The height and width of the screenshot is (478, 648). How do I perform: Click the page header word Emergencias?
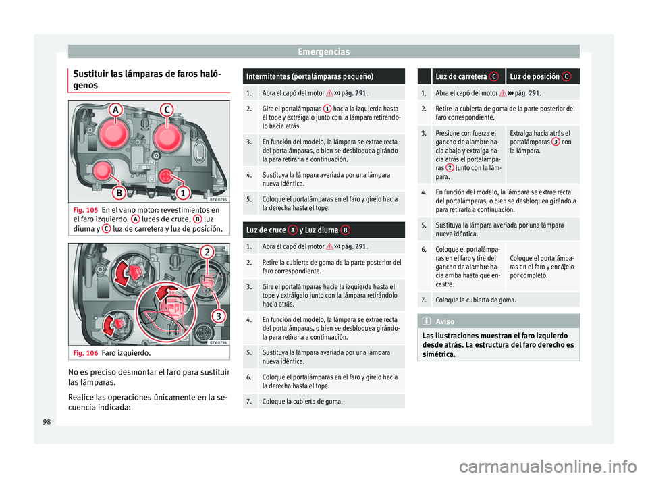point(323,52)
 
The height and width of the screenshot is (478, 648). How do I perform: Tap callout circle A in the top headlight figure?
point(115,110)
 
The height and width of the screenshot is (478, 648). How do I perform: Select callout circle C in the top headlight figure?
point(167,110)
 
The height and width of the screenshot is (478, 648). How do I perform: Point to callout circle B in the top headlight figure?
point(119,192)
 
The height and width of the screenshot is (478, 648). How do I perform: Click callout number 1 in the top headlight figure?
point(183,192)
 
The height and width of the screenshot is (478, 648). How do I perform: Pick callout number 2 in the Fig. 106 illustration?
point(207,253)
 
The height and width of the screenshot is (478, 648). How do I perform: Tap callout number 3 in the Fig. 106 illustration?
point(218,317)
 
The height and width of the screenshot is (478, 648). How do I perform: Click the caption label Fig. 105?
point(86,210)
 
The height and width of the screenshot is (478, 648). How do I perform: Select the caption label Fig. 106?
point(86,353)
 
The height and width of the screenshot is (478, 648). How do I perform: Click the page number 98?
point(47,422)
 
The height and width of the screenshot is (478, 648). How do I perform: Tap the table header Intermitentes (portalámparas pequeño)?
point(310,76)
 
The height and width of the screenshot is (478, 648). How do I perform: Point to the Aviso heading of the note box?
point(445,321)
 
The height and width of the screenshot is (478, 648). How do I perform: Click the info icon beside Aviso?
point(427,321)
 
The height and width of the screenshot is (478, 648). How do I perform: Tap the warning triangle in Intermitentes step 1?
point(330,93)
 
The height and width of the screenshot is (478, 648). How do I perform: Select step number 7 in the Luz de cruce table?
point(249,402)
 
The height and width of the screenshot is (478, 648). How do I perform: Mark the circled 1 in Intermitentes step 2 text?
point(327,109)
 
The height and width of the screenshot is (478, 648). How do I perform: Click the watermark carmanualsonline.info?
point(548,467)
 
